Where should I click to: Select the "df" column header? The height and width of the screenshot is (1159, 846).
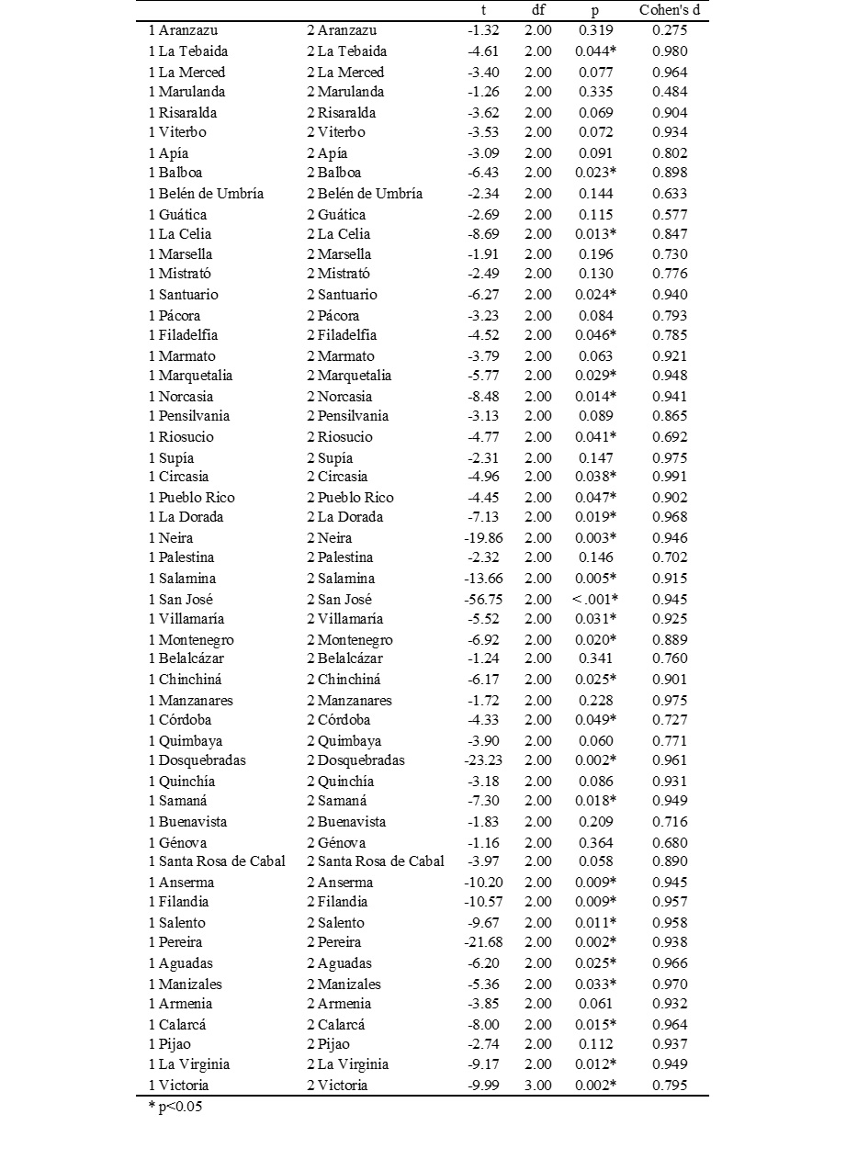538,10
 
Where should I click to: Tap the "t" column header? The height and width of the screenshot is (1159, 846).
483,10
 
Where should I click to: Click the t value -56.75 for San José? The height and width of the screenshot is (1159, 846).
482,599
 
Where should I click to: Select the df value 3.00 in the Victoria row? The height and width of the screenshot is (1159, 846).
538,1085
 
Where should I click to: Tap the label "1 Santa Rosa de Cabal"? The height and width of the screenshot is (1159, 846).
217,861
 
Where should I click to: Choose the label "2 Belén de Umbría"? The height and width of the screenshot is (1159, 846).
365,193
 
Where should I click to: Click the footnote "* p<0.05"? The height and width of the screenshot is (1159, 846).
175,1107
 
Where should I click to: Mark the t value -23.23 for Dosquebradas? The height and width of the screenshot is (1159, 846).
482,760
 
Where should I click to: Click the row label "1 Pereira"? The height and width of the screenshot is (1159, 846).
175,942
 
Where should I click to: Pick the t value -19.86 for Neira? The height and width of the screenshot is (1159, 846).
482,538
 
